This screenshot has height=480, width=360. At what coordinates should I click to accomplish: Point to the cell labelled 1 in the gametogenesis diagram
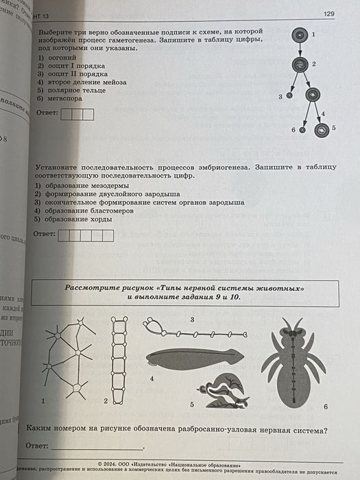pos(299,34)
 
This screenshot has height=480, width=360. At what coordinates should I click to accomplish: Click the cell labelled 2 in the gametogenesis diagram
pos(299,65)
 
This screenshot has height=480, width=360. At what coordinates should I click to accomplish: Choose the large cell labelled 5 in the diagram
pos(320,128)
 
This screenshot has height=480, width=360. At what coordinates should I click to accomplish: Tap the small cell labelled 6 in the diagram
pos(302,129)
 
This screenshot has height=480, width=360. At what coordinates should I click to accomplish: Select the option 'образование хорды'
pos(80,219)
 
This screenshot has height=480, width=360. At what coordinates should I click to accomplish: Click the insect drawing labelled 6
pos(294,361)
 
